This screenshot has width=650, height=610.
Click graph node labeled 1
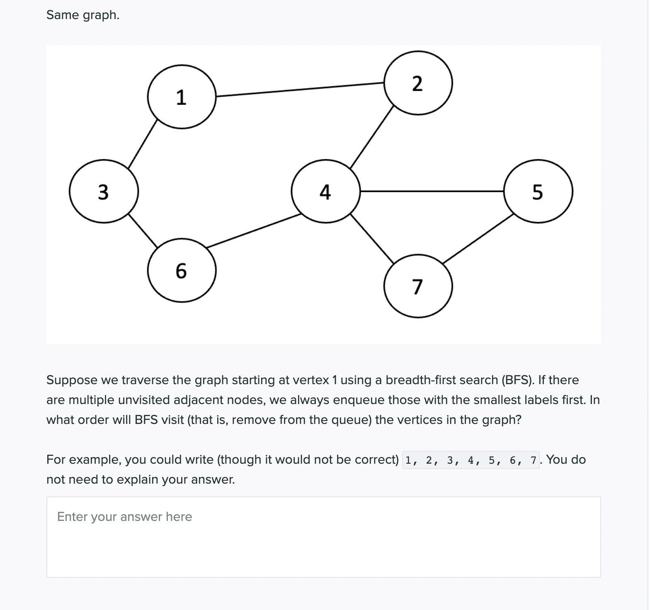point(182,97)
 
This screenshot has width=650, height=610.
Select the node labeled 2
point(418,83)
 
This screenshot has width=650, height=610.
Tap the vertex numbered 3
point(104,191)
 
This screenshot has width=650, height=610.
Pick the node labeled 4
point(325,191)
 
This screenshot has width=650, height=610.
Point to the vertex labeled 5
point(538,191)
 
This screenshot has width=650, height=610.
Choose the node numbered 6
point(182,270)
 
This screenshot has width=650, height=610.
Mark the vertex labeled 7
point(418,286)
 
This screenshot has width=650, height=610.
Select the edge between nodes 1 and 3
point(143,144)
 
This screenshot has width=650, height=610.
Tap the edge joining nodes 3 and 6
point(143,231)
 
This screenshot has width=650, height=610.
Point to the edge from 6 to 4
point(254,230)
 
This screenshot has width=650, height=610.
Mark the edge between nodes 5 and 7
point(478,239)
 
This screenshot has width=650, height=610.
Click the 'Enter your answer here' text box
point(323,537)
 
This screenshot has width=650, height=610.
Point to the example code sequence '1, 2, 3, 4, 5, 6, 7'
point(471,460)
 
